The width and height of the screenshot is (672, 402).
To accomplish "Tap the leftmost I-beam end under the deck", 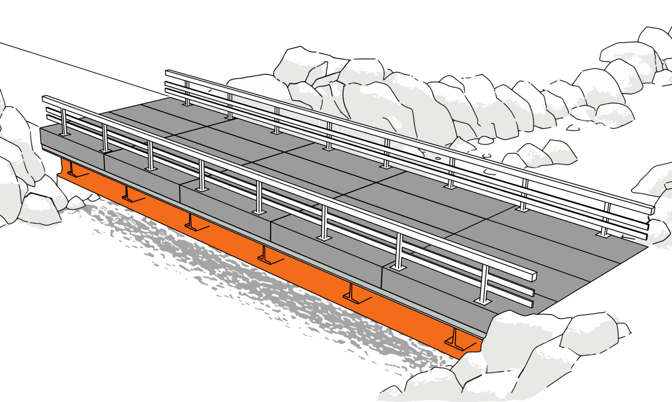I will pos(72,170).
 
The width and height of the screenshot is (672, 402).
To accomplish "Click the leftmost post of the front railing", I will pos(64,122).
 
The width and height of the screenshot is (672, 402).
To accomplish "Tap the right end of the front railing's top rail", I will pos(534,275).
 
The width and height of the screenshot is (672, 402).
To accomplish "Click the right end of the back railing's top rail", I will pos(652,209).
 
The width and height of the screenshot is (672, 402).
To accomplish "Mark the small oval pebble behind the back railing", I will pos(438,159).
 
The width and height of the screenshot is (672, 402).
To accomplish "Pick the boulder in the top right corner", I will pos(655,38).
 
